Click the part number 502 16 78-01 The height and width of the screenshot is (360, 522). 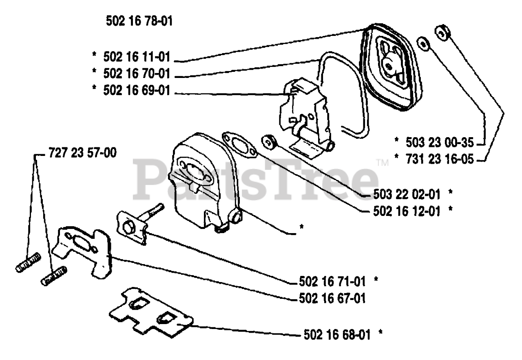[x=139, y=21]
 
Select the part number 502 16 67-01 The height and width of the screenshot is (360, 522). [x=331, y=298]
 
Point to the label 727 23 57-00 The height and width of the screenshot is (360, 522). [x=82, y=154]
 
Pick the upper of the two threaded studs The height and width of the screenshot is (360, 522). [x=29, y=263]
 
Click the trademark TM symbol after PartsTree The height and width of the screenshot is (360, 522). [x=383, y=163]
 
